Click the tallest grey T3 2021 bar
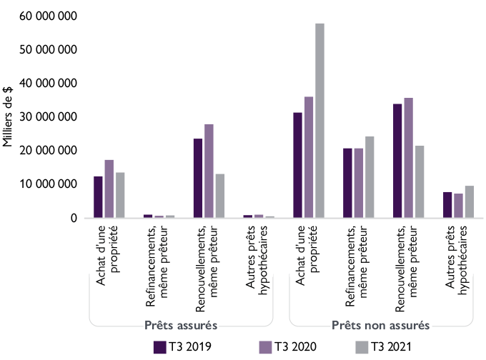pyautogui.click(x=319, y=121)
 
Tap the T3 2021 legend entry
pyautogui.click(x=383, y=347)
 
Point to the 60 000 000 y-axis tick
pyautogui.click(x=48, y=16)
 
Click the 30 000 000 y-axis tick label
pyautogui.click(x=48, y=117)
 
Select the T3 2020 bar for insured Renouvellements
pyautogui.click(x=209, y=171)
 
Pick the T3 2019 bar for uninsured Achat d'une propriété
pyautogui.click(x=298, y=165)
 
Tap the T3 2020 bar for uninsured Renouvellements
pyautogui.click(x=408, y=158)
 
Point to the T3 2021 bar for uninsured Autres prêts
pyautogui.click(x=469, y=201)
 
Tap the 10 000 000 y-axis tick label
pyautogui.click(x=48, y=184)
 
